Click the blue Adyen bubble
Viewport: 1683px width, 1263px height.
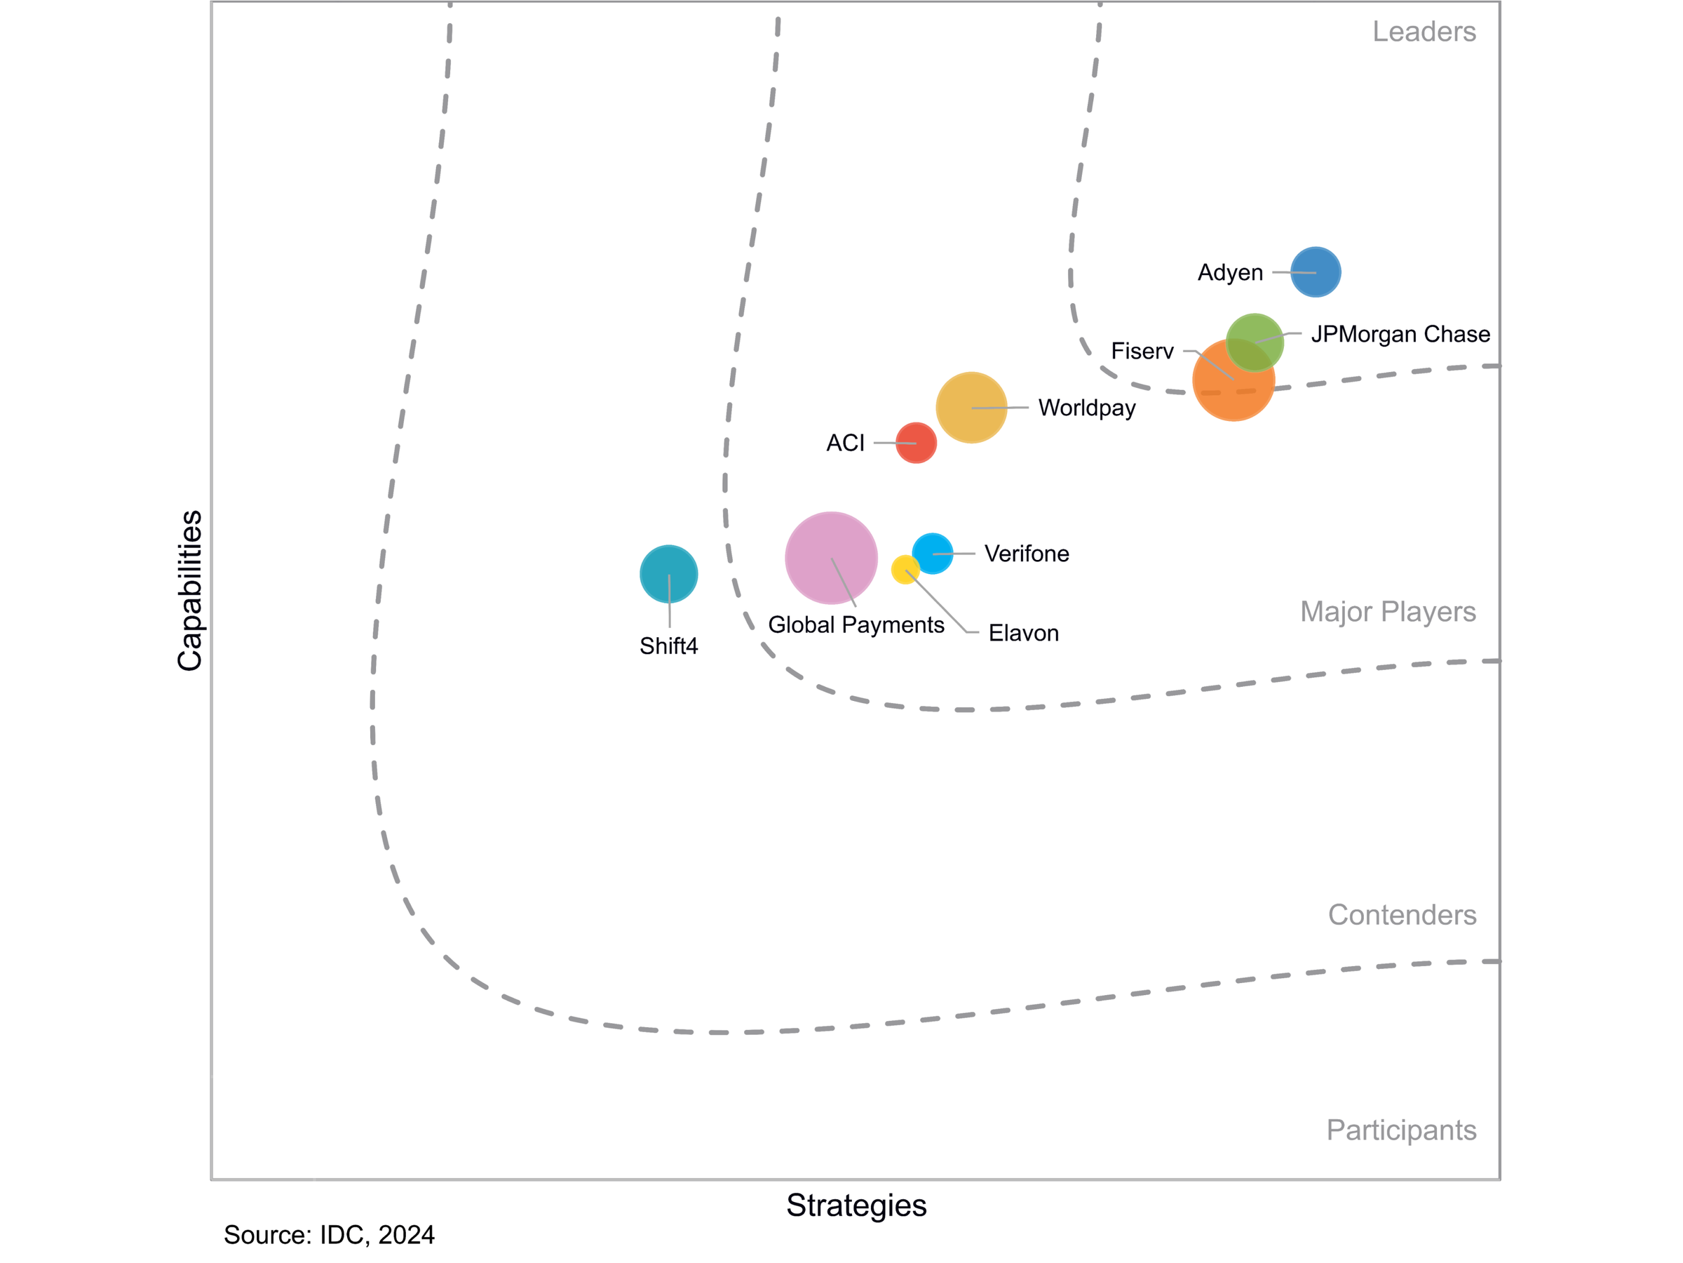tap(1316, 272)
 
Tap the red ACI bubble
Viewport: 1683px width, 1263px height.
tap(916, 442)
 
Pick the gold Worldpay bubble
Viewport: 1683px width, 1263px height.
tap(971, 407)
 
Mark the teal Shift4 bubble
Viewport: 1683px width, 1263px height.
tap(669, 573)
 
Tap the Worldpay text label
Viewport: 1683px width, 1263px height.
tap(1086, 408)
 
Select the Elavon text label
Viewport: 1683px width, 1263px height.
tap(1023, 633)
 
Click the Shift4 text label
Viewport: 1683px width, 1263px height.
tap(669, 646)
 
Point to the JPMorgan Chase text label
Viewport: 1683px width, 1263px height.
tap(1400, 334)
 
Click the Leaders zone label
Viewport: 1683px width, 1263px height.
tap(1424, 32)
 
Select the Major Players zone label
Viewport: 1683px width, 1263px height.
tap(1387, 611)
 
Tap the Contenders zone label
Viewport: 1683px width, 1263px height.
tap(1402, 914)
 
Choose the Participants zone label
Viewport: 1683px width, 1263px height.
tap(1400, 1130)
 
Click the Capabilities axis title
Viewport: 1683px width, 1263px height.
tap(189, 590)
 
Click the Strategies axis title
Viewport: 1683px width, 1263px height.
tap(856, 1205)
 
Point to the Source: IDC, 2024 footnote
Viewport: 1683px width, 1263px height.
tap(329, 1235)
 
